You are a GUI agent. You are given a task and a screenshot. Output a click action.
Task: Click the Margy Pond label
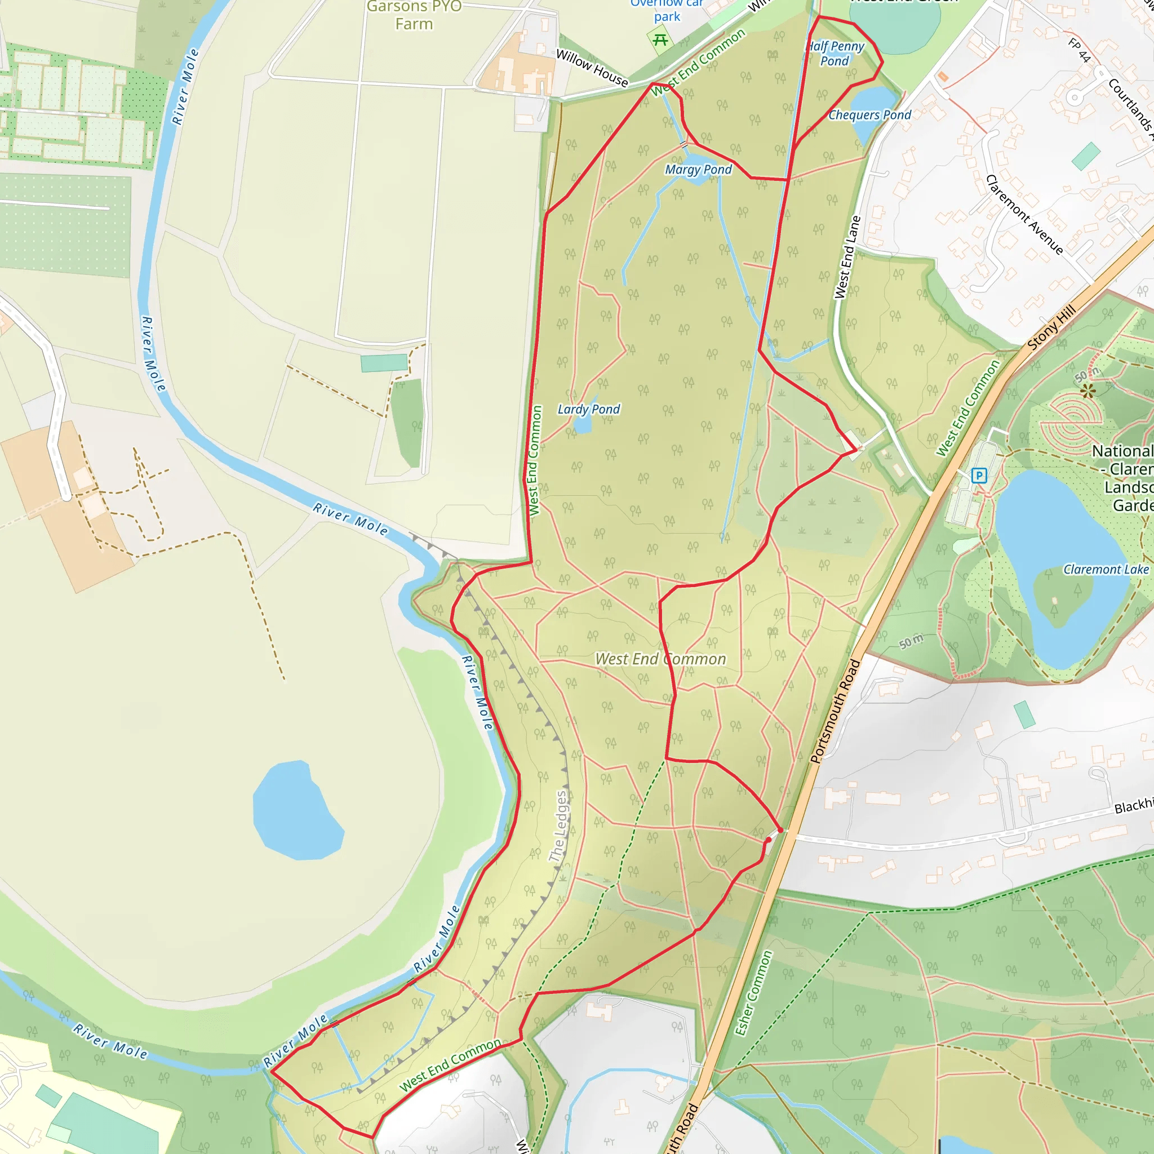point(698,170)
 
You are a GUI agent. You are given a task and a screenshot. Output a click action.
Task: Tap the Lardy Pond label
point(588,409)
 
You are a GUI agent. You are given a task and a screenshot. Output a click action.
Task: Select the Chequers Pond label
point(869,115)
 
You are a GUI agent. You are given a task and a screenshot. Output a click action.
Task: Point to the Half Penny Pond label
point(835,53)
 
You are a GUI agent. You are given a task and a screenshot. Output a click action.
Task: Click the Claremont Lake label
point(1106,569)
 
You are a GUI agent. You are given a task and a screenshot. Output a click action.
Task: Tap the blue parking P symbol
point(979,476)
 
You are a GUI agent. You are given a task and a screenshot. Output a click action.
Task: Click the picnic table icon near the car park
point(660,40)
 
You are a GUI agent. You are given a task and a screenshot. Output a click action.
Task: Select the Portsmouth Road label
point(835,711)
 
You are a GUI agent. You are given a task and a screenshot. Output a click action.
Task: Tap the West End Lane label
point(847,258)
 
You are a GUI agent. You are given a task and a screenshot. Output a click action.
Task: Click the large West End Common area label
point(660,659)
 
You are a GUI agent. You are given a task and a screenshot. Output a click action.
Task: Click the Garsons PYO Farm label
point(414,16)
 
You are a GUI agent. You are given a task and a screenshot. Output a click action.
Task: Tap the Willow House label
point(592,68)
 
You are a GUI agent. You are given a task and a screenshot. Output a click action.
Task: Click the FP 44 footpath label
point(1079,50)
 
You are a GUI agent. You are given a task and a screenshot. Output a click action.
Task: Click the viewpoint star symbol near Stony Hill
point(1088,391)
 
